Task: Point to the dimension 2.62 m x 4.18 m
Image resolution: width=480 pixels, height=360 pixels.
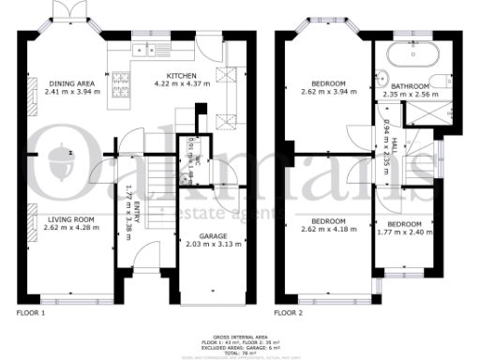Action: tap(323, 229)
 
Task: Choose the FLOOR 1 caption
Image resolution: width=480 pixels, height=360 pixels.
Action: tap(31, 311)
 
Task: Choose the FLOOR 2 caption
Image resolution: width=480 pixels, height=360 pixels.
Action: tap(289, 311)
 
